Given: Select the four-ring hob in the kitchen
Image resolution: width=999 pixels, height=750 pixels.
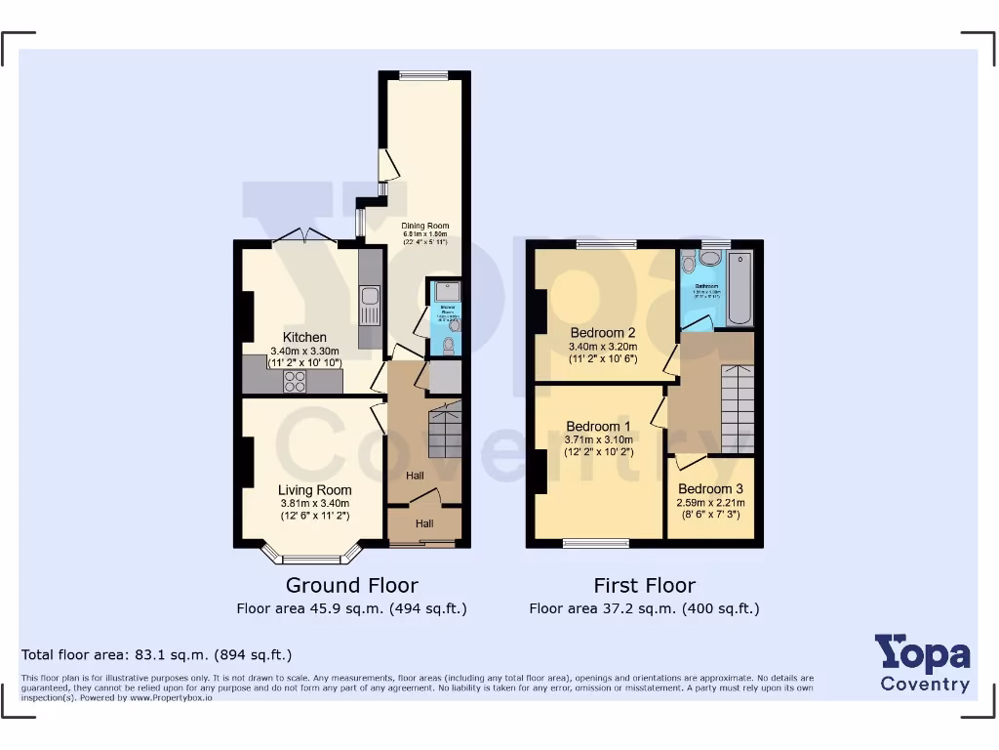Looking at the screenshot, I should (x=294, y=381).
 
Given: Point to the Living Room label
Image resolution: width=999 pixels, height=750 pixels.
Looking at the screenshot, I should (x=314, y=490).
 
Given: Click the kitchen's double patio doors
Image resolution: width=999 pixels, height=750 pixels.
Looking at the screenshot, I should (x=304, y=237).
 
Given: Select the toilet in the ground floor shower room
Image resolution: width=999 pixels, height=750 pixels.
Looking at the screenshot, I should (x=449, y=344).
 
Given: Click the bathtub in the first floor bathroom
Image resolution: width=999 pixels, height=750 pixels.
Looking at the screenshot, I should (x=740, y=287).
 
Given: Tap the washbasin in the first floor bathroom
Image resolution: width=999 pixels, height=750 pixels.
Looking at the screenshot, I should (x=710, y=258).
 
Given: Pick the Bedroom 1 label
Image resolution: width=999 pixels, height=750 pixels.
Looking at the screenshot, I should (x=598, y=427).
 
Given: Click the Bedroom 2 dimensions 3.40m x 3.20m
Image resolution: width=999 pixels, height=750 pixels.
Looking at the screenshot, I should (x=603, y=347).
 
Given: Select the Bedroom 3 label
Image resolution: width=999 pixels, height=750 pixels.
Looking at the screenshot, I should (x=710, y=489).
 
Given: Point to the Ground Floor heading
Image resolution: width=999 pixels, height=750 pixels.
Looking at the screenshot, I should (x=351, y=585).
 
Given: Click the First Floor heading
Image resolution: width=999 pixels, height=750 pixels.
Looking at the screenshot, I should (x=644, y=585).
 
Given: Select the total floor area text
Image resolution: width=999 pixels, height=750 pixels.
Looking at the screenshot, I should (x=156, y=654).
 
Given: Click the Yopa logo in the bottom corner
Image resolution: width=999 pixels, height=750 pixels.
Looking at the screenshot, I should (x=922, y=662).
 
